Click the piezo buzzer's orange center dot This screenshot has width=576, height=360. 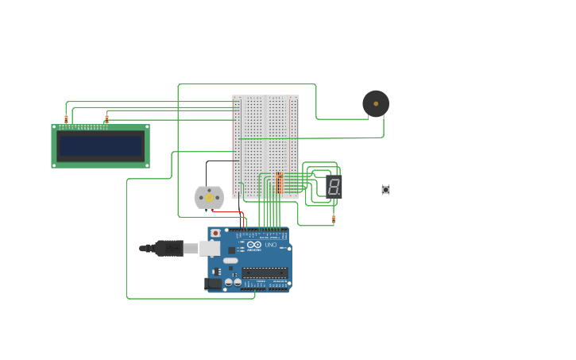click(x=376, y=104)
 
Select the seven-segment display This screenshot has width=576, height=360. click(x=334, y=187)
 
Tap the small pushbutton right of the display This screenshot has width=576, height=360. click(x=385, y=190)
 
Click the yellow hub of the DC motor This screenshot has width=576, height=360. click(x=209, y=198)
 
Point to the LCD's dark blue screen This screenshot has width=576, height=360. click(x=101, y=146)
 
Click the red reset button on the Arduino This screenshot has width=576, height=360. click(x=215, y=234)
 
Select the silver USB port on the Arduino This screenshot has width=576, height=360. click(x=209, y=248)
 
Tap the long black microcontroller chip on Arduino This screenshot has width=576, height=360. click(x=265, y=272)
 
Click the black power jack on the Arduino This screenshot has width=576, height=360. click(x=213, y=283)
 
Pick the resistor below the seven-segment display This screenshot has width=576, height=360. click(x=334, y=219)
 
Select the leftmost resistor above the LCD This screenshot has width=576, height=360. click(x=66, y=119)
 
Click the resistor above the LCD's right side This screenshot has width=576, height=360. click(x=106, y=119)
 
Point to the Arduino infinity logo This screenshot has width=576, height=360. click(x=253, y=245)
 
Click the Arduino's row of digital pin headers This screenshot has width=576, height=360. click(x=262, y=230)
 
